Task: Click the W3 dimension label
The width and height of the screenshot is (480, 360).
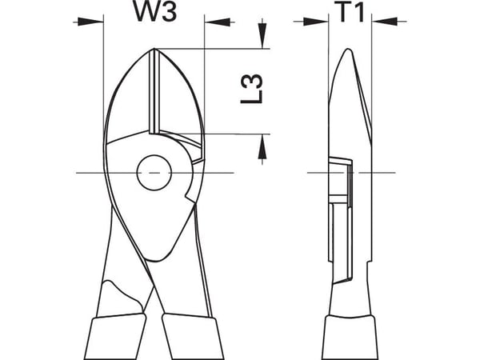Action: point(155,11)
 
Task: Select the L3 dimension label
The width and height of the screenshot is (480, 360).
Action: point(252,89)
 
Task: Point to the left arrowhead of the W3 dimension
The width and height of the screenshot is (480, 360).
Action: point(90,22)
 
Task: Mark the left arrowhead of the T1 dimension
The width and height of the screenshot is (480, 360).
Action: point(316,22)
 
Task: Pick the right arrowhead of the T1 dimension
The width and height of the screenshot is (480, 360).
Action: point(385,22)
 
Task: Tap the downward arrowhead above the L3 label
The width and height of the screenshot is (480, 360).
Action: point(262,36)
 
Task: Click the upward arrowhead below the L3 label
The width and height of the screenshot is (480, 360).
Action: point(262,146)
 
